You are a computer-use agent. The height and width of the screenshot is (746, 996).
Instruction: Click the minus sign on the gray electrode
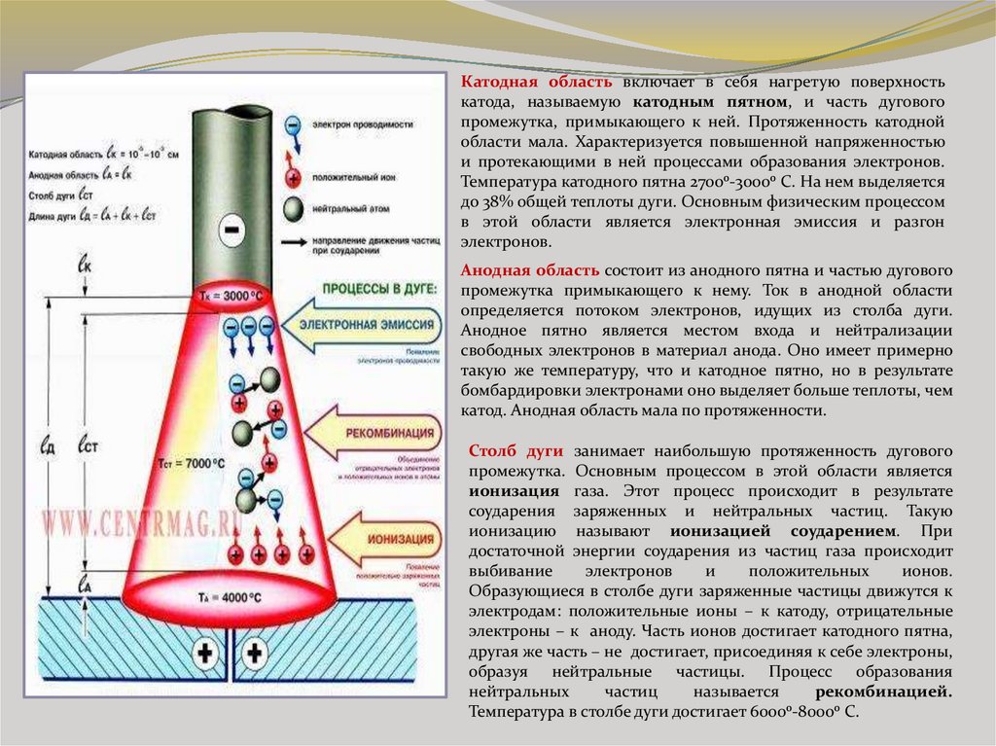click(231, 231)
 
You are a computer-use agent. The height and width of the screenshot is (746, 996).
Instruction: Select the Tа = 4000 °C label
click(227, 596)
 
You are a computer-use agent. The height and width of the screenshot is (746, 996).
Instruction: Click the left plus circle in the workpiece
click(204, 653)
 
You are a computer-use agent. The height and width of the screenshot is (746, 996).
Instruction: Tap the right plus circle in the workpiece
click(255, 653)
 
